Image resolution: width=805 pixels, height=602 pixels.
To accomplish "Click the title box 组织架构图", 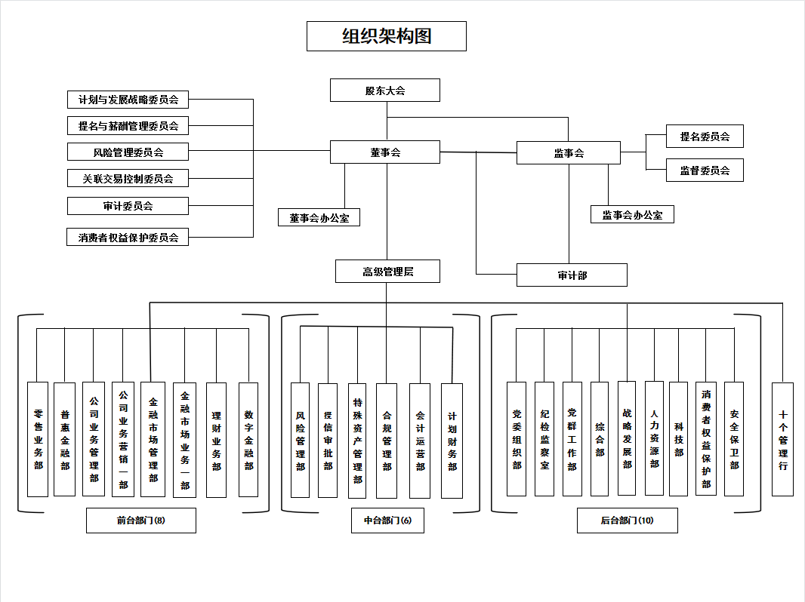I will click(386, 36).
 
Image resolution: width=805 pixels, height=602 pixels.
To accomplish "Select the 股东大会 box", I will click(385, 91).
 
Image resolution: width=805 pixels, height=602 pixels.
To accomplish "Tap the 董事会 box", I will click(385, 152).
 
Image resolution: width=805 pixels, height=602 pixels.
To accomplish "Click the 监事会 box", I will click(569, 153).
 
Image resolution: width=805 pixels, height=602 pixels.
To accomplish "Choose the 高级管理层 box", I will click(387, 272).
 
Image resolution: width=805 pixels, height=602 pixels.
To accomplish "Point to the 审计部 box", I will click(572, 275).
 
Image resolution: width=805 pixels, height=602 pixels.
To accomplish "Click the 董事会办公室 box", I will click(319, 218).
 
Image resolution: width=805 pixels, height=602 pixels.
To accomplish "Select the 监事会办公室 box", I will click(632, 215).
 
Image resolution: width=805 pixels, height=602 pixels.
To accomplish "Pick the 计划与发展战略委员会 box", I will click(128, 100).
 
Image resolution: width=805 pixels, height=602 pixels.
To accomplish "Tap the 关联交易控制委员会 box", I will click(128, 179).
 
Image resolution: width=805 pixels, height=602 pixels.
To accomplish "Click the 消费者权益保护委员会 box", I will click(128, 238).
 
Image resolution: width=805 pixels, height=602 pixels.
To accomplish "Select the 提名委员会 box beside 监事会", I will click(705, 137).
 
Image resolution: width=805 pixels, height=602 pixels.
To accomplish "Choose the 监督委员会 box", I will click(705, 170).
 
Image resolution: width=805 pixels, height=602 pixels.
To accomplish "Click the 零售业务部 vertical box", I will click(38, 439).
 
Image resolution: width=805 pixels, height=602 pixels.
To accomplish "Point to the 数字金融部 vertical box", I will click(248, 439).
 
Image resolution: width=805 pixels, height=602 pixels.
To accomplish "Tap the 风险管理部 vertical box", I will click(300, 440).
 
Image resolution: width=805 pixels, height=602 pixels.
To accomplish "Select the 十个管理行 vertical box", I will click(783, 439).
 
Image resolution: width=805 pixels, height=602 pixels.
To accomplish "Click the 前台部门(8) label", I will click(141, 521).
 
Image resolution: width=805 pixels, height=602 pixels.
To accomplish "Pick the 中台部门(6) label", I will click(387, 521).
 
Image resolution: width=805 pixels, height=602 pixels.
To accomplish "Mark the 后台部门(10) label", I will click(628, 521).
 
